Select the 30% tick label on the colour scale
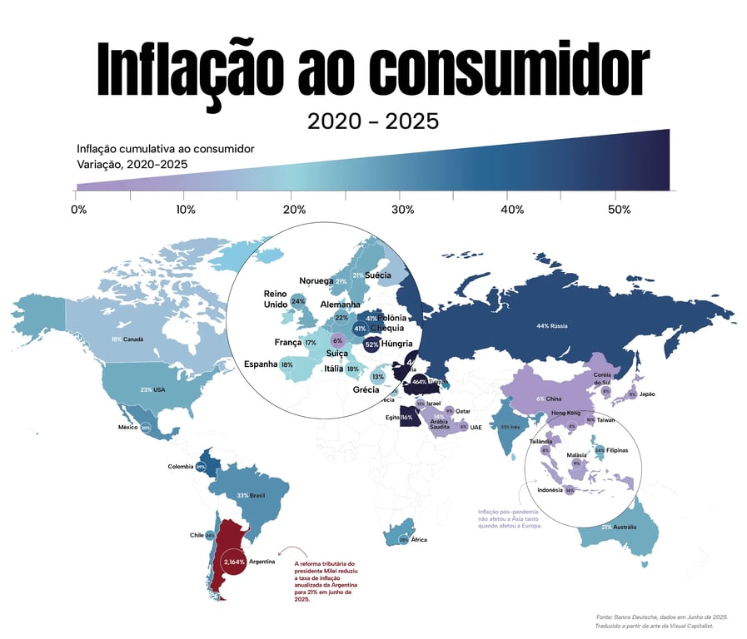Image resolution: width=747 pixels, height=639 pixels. click(403, 210)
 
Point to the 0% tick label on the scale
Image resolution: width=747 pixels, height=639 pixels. click(79, 210)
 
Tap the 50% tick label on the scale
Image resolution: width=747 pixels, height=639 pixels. click(619, 210)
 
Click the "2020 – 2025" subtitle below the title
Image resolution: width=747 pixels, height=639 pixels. click(372, 121)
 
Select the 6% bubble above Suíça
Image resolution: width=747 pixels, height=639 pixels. click(337, 340)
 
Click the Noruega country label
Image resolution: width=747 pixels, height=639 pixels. click(316, 281)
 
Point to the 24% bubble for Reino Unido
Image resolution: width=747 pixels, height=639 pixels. click(298, 301)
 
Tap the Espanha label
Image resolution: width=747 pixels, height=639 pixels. click(261, 364)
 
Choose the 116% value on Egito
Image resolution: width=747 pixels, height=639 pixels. click(407, 417)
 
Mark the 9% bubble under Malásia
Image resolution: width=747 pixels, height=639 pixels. click(576, 463)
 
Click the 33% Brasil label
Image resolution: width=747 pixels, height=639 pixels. click(251, 495)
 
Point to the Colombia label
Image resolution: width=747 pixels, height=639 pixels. click(181, 466)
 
